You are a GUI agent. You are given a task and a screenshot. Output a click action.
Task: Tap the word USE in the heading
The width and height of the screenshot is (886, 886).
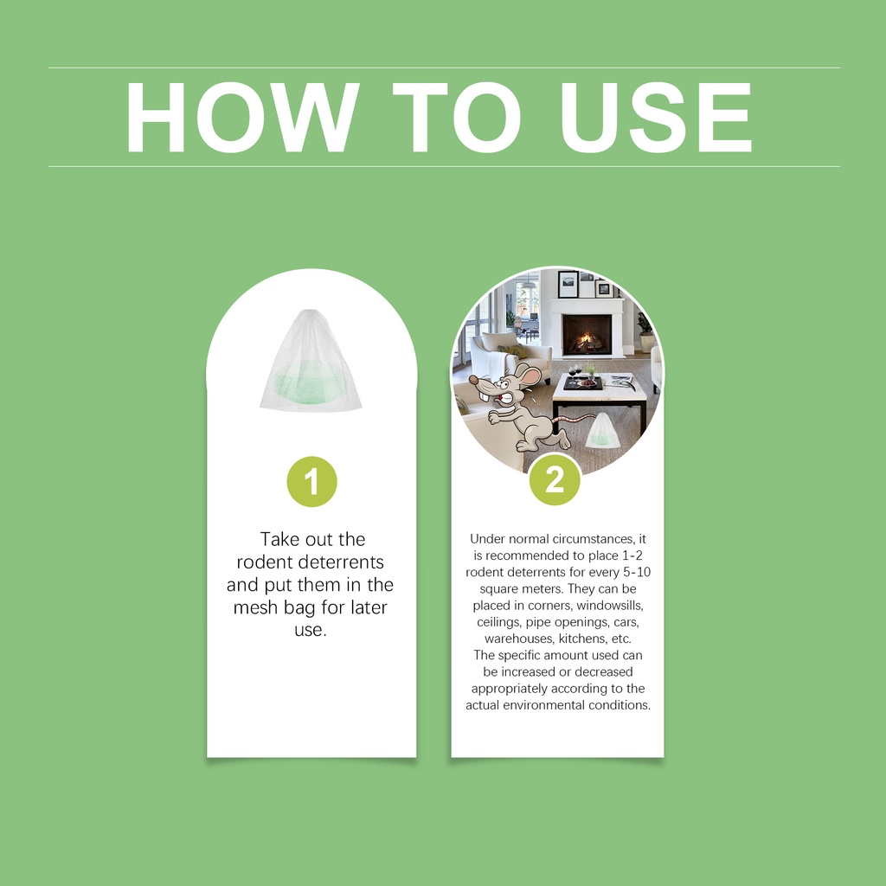point(656,118)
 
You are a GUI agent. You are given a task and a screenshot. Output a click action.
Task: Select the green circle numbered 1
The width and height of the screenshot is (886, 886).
point(311,481)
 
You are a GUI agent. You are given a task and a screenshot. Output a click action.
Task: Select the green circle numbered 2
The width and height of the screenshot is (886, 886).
point(555,479)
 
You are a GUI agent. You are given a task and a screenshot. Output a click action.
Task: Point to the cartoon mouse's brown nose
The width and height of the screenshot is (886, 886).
point(473,380)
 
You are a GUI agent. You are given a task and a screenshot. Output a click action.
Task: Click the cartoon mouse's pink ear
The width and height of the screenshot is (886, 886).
point(529,374)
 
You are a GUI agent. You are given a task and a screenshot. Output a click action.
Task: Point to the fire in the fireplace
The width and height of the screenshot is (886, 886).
point(587,341)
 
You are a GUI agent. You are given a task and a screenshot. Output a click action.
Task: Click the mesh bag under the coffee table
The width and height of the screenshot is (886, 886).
point(600,431)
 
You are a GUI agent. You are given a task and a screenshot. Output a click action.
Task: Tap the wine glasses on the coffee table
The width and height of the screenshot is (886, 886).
point(575,372)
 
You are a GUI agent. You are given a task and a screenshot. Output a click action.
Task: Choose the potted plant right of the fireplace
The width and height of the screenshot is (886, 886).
point(645,331)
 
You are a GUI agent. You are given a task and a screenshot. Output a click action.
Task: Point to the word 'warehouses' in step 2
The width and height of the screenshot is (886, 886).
point(519,639)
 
